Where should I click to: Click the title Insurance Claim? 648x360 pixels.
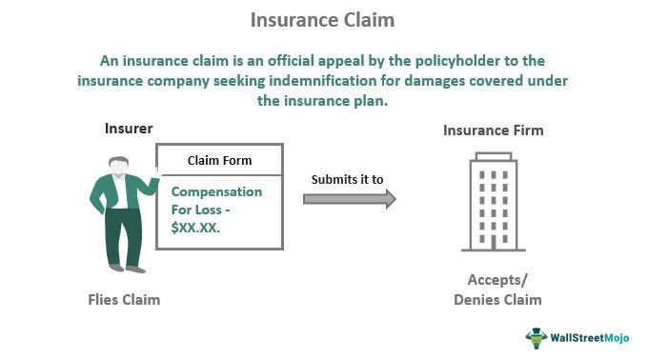tap(323, 20)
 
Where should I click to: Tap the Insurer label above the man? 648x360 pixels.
tap(129, 129)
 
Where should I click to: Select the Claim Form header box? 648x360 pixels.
tap(218, 160)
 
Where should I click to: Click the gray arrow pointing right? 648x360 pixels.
tap(349, 198)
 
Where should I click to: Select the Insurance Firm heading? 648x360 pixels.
tap(493, 130)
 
